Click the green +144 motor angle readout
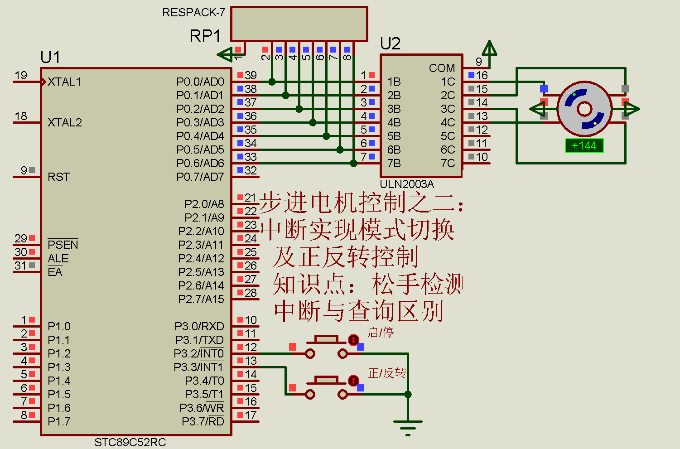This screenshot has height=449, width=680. [x=584, y=145]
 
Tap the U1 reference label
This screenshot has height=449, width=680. [x=50, y=58]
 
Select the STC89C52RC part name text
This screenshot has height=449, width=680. [x=130, y=442]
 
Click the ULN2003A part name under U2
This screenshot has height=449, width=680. [x=406, y=184]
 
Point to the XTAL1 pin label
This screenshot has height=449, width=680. [x=64, y=82]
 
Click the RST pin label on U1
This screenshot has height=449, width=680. [x=58, y=177]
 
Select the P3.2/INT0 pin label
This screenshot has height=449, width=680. [x=199, y=354]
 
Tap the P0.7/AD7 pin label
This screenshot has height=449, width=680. [x=200, y=177]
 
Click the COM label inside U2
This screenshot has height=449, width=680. [x=442, y=68]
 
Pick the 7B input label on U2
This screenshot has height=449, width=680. [x=394, y=163]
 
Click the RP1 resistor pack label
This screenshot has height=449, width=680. [x=205, y=36]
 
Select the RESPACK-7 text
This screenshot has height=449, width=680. [x=193, y=13]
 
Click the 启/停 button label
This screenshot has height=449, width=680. [x=381, y=333]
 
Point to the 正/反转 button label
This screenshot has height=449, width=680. [x=387, y=373]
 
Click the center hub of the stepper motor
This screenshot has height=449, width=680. [x=584, y=109]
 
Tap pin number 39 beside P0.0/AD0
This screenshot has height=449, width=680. [x=251, y=75]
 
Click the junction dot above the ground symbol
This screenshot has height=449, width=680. [x=408, y=394]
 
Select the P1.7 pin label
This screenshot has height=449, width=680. [x=59, y=422]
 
